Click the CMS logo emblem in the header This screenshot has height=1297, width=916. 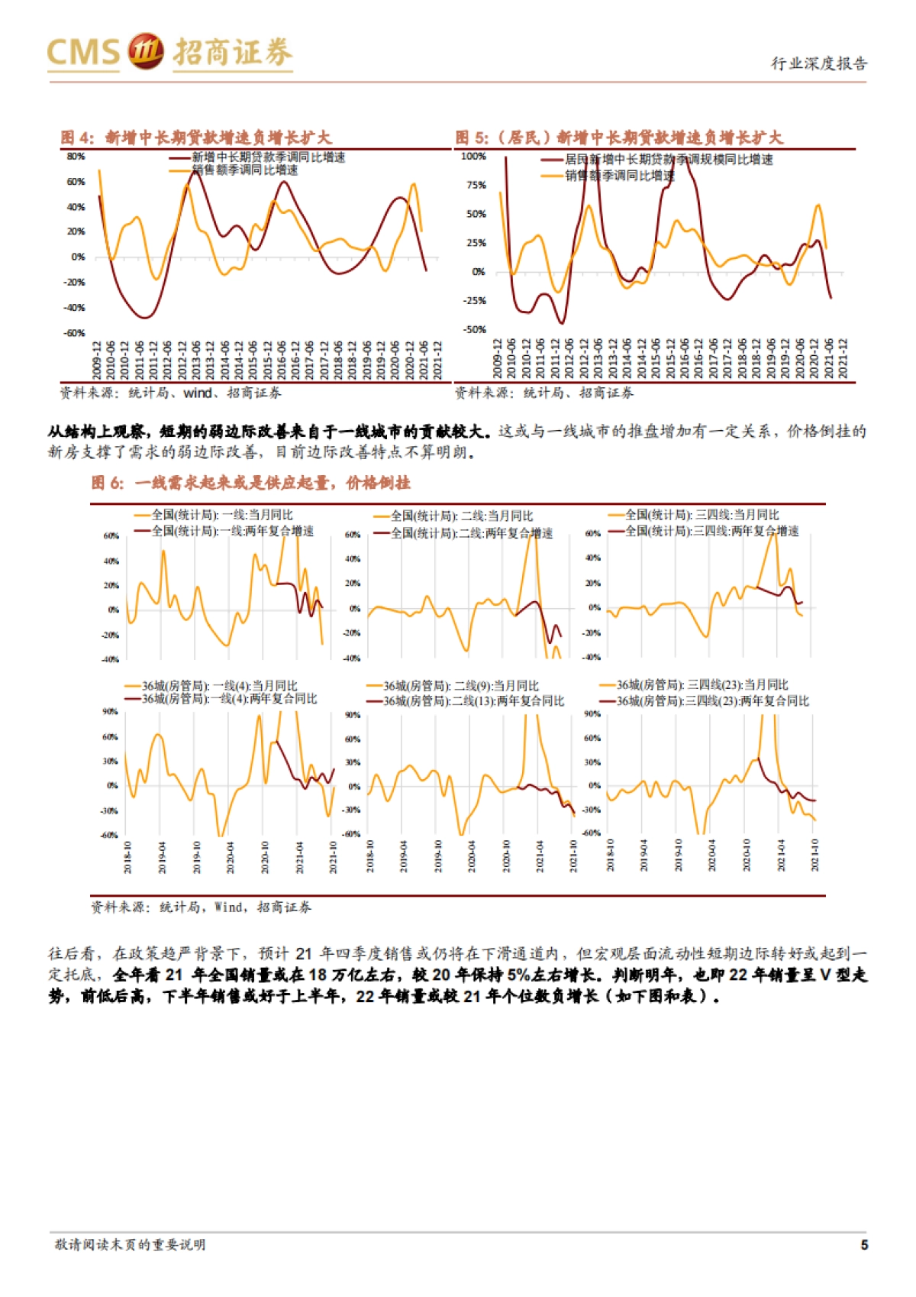(x=145, y=51)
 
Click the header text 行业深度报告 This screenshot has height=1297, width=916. (x=818, y=63)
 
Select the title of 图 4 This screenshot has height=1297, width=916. (x=196, y=137)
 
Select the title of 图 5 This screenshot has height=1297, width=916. (x=619, y=137)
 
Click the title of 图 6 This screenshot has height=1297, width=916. (x=250, y=483)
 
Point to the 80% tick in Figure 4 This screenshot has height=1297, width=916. (x=76, y=157)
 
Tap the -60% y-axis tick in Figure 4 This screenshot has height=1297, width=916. (x=74, y=333)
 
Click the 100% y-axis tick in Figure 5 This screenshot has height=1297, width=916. (x=473, y=157)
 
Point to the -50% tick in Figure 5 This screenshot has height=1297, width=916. (x=474, y=329)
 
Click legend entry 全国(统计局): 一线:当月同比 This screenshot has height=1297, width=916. (x=221, y=515)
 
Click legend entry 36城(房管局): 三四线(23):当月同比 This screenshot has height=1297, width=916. (x=702, y=685)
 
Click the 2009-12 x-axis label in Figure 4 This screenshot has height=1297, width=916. (x=97, y=359)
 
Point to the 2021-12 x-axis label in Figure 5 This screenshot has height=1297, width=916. (x=843, y=358)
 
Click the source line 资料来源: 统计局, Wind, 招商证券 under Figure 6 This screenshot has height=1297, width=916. (x=201, y=907)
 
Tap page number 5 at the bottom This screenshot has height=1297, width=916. (x=864, y=1244)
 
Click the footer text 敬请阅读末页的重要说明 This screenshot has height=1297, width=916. (x=130, y=1244)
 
